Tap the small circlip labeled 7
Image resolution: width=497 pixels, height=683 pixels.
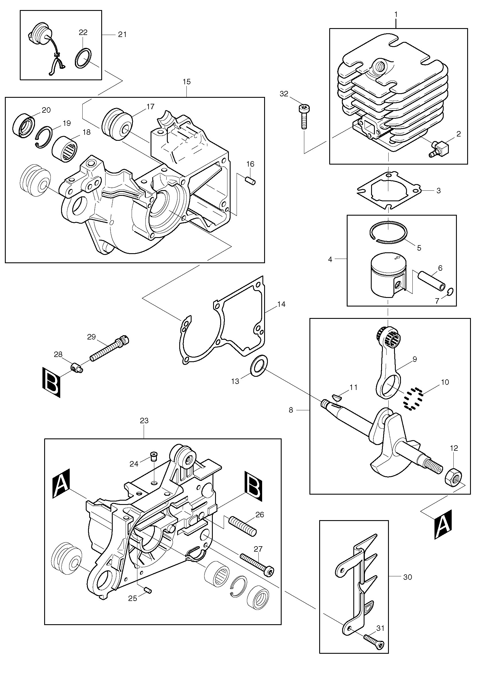pos(450,292)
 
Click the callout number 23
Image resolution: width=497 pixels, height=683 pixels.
pos(144,420)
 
